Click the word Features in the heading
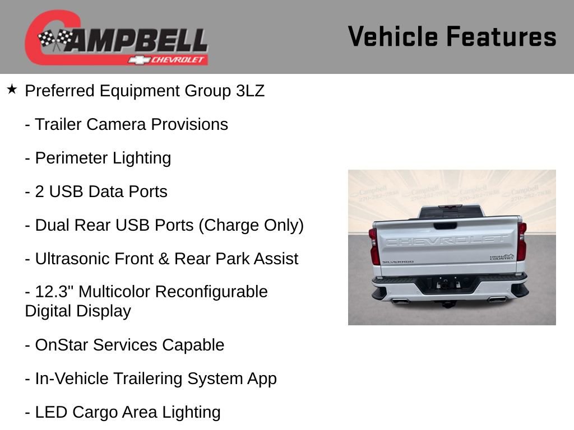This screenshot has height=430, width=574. pos(501,36)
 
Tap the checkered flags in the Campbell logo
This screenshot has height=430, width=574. pos(55,39)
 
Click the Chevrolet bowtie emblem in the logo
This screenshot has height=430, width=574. pos(138,60)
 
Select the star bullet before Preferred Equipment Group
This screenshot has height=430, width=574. pos(12,89)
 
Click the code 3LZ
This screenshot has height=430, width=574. pos(250,91)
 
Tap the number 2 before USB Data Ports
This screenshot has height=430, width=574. pos(40,191)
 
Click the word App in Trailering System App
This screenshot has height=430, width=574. pos(262,378)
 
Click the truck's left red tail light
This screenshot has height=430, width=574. pos(374,246)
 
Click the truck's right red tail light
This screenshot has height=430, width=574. pos(522,242)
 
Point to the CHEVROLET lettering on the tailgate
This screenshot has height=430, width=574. pos(446,240)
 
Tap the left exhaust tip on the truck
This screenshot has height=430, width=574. pos(399,301)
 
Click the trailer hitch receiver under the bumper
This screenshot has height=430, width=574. pos(447,303)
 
